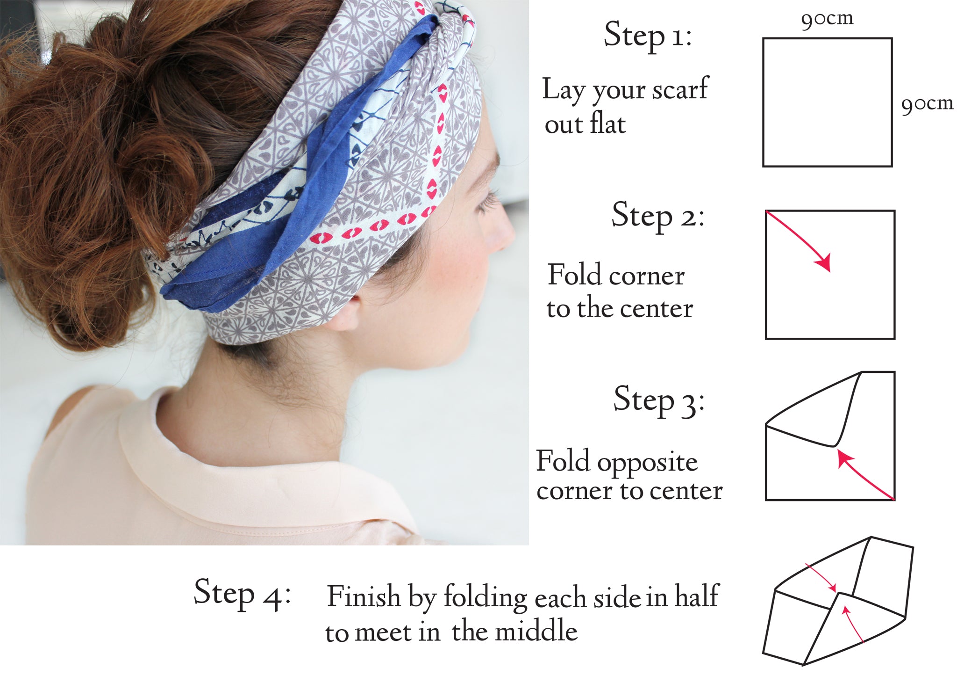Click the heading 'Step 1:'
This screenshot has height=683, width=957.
tap(648, 36)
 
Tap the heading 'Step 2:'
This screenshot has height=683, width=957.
tap(658, 216)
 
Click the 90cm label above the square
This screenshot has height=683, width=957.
tap(827, 19)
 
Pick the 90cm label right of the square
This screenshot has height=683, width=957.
tap(927, 104)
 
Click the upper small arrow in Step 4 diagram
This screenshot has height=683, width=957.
tap(821, 578)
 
